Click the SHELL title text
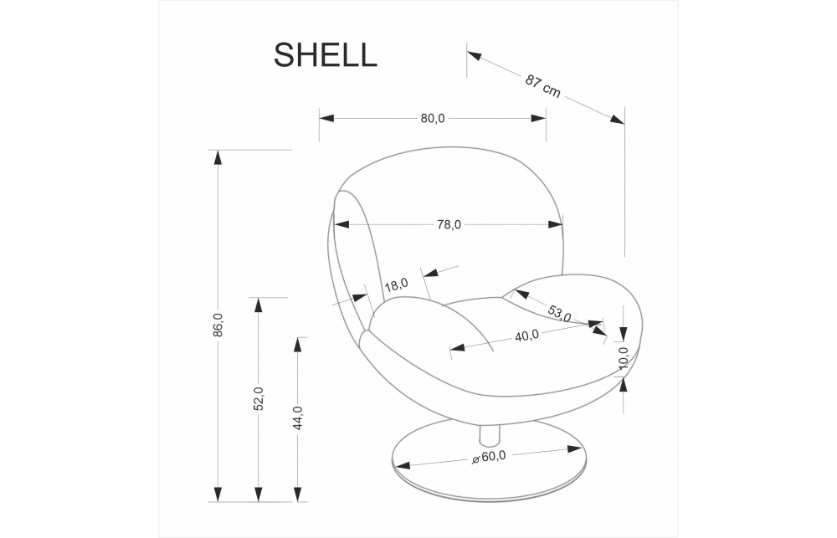325,55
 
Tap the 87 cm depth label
543,86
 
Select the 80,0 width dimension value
433,119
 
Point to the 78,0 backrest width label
449,225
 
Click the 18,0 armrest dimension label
396,284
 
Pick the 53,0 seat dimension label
559,313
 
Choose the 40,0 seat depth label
526,336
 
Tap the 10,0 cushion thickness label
624,358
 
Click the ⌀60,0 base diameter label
489,458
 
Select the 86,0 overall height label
218,325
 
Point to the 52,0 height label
259,399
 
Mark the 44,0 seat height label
298,418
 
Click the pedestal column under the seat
490,435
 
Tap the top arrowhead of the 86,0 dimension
218,157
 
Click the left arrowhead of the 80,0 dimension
326,119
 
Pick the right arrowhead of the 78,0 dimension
555,225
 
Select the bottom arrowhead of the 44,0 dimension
298,494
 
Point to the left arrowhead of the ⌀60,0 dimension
401,465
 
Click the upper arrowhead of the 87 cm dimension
475,54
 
